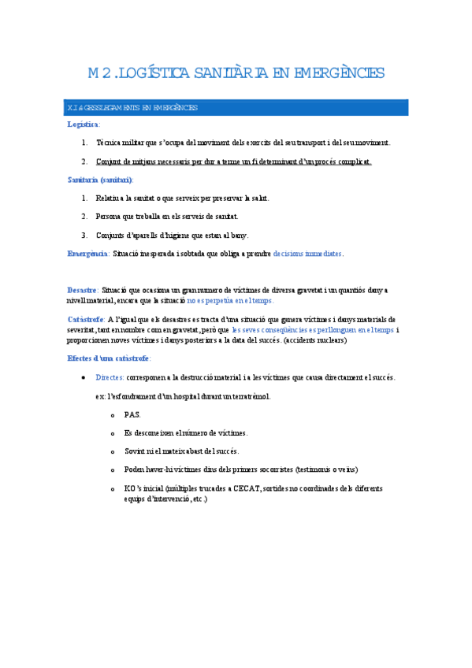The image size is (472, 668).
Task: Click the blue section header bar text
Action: coord(132,107)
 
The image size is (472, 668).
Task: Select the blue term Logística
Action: coord(83,124)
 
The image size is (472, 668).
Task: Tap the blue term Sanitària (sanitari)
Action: coord(100,180)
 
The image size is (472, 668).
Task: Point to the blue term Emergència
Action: coord(87,254)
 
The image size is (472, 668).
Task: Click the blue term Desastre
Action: coord(83,290)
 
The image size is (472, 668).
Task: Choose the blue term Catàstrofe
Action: coord(86,319)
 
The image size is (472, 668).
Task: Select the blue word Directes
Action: coord(109,378)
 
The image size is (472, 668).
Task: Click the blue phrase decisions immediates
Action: coord(307,254)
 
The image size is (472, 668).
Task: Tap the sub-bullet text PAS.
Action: coord(132,414)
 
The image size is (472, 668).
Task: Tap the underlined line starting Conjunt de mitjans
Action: coord(233,161)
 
